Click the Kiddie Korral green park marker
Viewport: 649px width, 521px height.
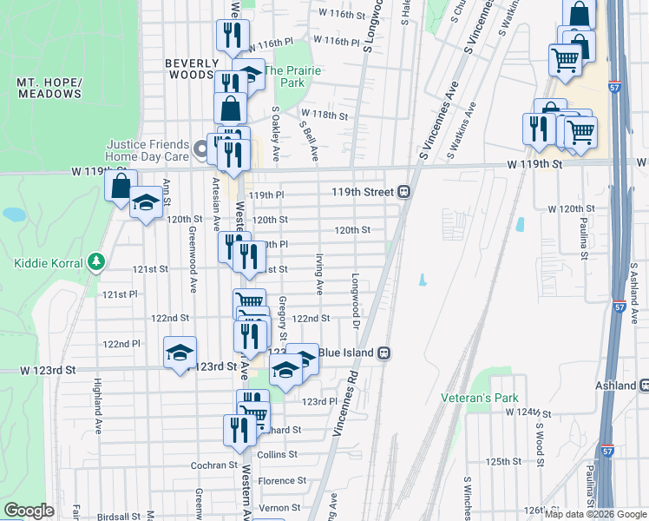tap(95, 263)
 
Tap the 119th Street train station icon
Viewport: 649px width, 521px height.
tap(404, 192)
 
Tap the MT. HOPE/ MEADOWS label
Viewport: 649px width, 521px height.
tap(49, 88)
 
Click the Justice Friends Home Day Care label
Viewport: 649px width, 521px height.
tap(148, 151)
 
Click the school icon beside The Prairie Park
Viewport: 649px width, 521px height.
tap(249, 73)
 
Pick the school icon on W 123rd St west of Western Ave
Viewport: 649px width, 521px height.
tap(180, 352)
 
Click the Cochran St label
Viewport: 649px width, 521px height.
tap(214, 465)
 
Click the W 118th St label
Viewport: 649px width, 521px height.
tap(324, 115)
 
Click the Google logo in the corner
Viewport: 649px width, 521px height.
tap(29, 511)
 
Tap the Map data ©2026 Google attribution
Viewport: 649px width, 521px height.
tap(595, 514)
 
